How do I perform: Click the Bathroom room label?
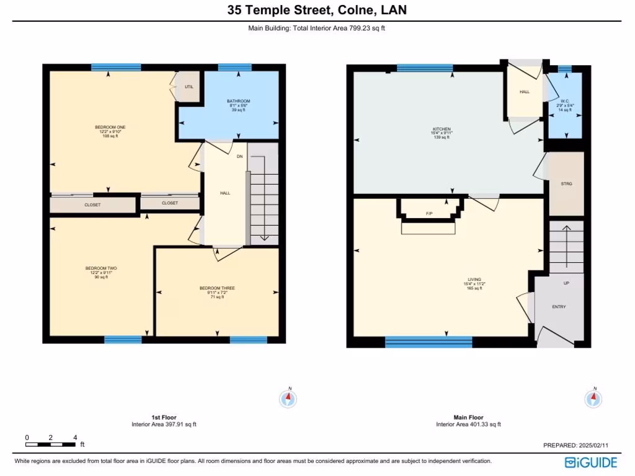coord(238,101)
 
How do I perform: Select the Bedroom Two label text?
coord(101,268)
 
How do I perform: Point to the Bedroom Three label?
coord(217,288)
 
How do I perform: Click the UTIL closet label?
coord(189,87)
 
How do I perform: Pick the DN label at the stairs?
coord(239,156)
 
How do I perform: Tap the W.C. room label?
coord(565,101)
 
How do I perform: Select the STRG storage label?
coord(566,184)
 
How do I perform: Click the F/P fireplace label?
coord(429,214)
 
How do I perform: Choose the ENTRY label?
coord(559,307)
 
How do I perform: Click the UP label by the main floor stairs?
coord(566,283)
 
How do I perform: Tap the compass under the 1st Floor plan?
coord(288,398)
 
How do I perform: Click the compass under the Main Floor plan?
coord(593,398)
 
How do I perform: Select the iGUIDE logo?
coord(590,462)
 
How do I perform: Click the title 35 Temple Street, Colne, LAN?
coord(317,10)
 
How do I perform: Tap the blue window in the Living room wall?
coord(429,342)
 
